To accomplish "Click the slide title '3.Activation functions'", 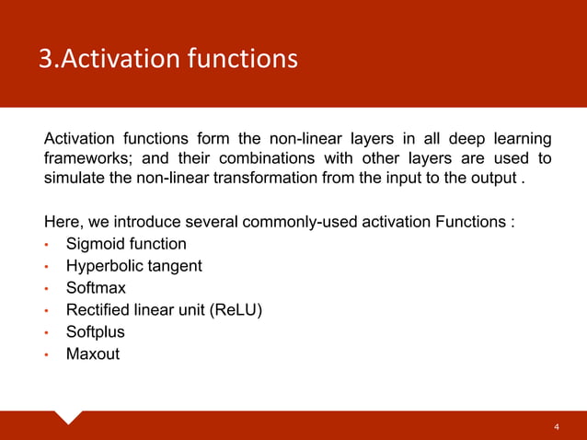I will pos(167,59).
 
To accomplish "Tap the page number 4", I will pos(556,427).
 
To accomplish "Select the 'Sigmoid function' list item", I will pos(126,244).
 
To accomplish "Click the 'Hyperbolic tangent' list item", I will pos(134,266).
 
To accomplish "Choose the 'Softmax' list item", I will pos(96,288).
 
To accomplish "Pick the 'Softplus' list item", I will pos(96,331).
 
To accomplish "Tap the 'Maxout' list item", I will pos(93,353).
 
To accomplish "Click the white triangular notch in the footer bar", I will pos(69,416).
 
